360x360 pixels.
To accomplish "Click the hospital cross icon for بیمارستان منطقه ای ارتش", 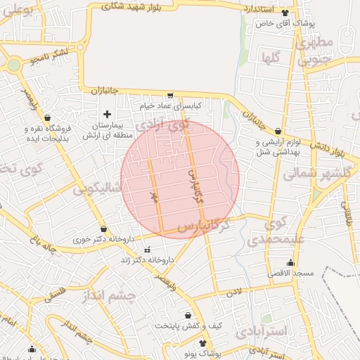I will point(107,114).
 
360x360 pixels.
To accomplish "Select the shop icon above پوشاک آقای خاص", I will point(284,13).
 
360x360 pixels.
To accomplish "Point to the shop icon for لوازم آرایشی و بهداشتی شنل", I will point(278,131).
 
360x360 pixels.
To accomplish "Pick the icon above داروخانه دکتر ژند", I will point(147,250).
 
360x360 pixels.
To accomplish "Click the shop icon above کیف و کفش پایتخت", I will point(188,316).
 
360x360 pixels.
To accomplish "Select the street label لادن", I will point(234,290).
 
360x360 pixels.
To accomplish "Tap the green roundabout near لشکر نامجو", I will point(13,66).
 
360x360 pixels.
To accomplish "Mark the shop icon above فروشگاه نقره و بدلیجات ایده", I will point(46,118).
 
